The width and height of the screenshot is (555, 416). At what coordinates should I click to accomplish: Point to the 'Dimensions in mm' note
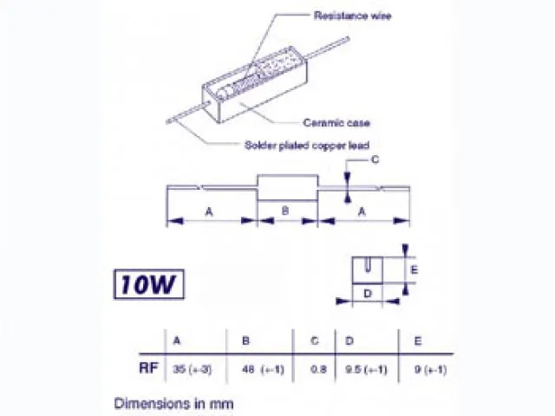coord(173,402)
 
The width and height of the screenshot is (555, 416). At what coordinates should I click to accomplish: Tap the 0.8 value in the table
coord(319,369)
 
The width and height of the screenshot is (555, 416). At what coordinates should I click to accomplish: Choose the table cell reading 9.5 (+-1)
coord(365,369)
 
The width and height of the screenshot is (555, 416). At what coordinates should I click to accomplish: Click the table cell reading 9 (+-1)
coord(425,369)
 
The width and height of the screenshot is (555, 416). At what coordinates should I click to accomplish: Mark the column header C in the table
coord(315,340)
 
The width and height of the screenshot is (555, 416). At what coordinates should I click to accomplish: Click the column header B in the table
coord(245,340)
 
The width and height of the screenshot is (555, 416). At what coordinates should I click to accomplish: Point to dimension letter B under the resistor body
coord(286,211)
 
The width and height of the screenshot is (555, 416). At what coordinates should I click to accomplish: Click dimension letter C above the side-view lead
coord(375,160)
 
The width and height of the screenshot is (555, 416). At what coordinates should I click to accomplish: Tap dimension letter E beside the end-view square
coord(414,270)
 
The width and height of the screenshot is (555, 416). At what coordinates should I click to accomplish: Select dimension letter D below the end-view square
coord(367,294)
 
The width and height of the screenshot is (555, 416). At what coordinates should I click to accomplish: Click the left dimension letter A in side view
coord(209,211)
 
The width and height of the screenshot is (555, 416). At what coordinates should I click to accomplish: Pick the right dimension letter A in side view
coord(362,211)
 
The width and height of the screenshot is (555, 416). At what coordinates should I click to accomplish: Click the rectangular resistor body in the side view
coord(287,186)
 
